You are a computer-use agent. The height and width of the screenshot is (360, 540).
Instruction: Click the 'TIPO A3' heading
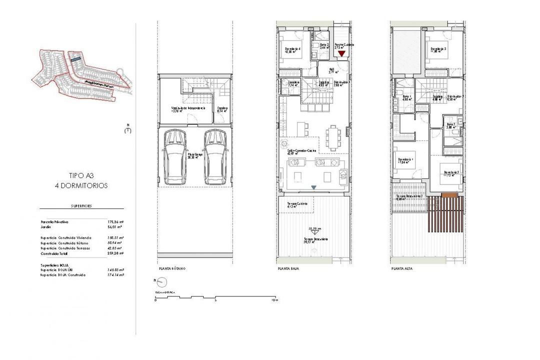(x=81, y=175)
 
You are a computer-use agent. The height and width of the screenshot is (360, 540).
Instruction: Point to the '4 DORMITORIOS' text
(x=81, y=185)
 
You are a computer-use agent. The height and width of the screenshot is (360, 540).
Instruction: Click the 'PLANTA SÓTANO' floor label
(x=171, y=268)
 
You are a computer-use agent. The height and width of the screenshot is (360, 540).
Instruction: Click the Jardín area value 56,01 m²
(x=115, y=226)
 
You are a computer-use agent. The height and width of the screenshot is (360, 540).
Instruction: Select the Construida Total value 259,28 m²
(x=115, y=253)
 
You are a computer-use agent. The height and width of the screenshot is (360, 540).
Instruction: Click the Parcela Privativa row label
(x=54, y=221)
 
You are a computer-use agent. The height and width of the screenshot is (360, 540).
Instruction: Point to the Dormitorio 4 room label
(x=292, y=49)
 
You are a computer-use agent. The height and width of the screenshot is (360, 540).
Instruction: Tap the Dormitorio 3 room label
(x=438, y=49)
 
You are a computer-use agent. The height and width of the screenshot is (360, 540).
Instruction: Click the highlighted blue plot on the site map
(x=75, y=58)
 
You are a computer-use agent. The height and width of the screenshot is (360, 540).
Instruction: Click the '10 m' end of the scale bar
(x=273, y=300)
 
